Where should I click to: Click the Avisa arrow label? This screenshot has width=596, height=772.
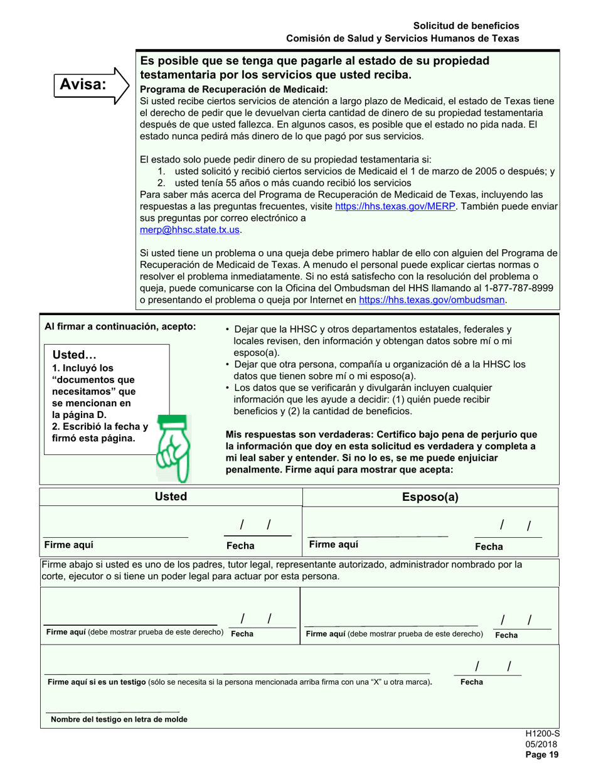coord(87,84)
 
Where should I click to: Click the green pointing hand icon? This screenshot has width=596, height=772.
coord(172,448)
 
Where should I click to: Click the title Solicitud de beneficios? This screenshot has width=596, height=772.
coord(466,26)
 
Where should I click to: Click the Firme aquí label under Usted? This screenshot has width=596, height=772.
coord(65,545)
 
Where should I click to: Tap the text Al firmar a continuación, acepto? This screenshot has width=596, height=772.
coord(120,326)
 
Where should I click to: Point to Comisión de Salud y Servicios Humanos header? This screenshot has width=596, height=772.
coord(402,38)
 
